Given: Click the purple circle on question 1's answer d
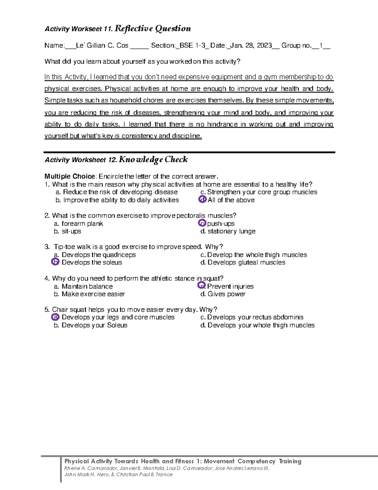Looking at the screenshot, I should tap(202, 200).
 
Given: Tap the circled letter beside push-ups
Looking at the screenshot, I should tap(202, 223).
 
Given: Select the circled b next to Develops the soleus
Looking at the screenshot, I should tap(55, 262).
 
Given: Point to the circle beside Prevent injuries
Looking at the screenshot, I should tap(201, 286).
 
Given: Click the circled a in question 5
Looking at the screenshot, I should tap(55, 317).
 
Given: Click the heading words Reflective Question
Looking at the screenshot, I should tap(153, 29).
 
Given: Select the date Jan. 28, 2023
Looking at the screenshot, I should tap(251, 45).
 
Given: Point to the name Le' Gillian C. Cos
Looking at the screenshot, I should tap(102, 45).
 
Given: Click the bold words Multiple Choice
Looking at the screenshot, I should tap(70, 176).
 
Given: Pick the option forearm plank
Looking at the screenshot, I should tap(82, 224).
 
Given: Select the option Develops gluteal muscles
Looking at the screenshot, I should tap(246, 263).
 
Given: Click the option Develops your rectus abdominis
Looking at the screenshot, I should tap(255, 317).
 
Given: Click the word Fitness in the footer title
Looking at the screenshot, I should tap(183, 461).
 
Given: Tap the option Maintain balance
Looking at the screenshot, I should tap(87, 286).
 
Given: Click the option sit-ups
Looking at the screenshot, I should tap(71, 231).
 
